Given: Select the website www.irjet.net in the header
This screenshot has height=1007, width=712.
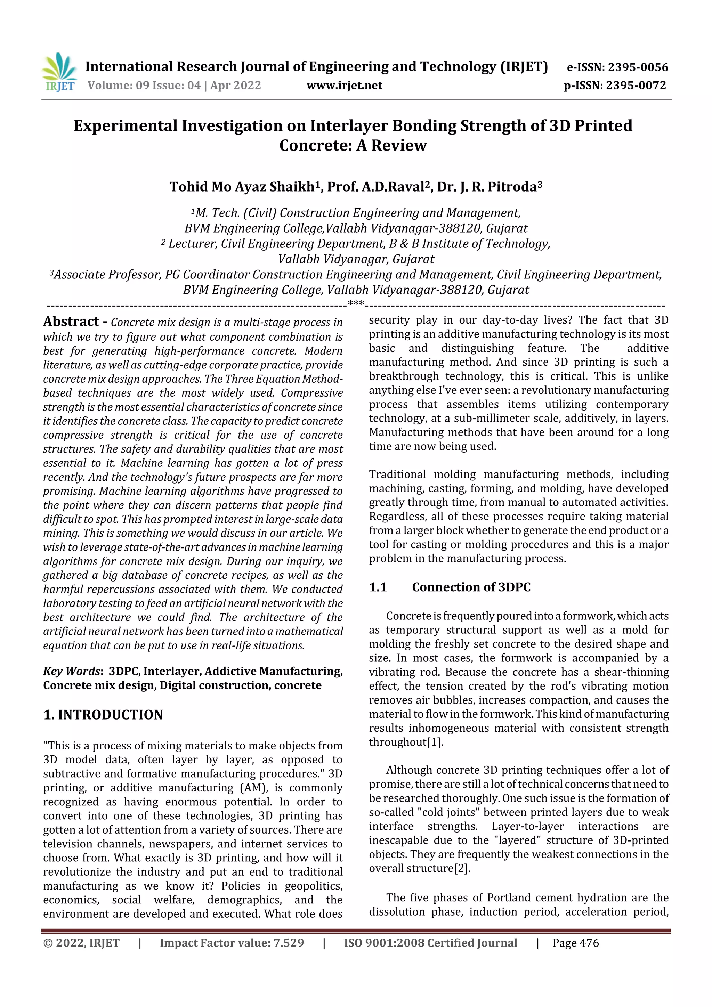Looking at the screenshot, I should point(345,85).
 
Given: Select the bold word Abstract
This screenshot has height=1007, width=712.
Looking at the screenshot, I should point(71,322).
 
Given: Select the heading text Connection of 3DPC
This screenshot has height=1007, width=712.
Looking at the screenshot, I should point(471,587).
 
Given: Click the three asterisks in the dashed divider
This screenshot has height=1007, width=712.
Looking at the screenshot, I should point(355,303).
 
